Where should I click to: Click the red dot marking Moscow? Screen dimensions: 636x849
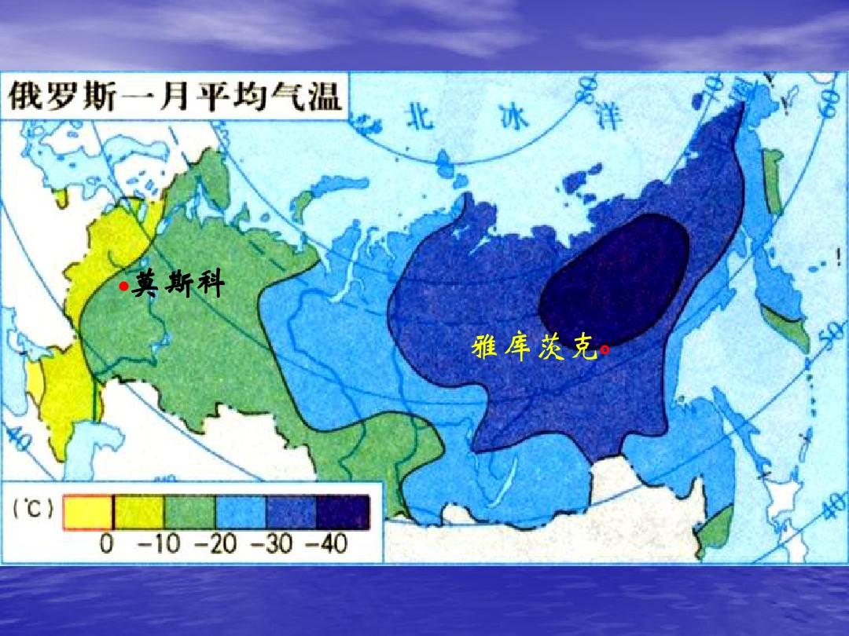point(123,288)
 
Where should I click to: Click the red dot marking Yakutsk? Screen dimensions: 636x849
point(605,349)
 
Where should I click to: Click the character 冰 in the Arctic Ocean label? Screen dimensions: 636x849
point(513,118)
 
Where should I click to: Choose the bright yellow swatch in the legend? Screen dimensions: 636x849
point(87,513)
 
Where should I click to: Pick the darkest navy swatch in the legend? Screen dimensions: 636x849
point(343,513)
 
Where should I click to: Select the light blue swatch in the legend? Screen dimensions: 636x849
point(241,513)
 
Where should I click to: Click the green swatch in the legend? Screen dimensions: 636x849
point(189,513)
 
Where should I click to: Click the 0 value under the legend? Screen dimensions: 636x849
point(107,543)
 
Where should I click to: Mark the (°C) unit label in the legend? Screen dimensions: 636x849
point(33,510)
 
